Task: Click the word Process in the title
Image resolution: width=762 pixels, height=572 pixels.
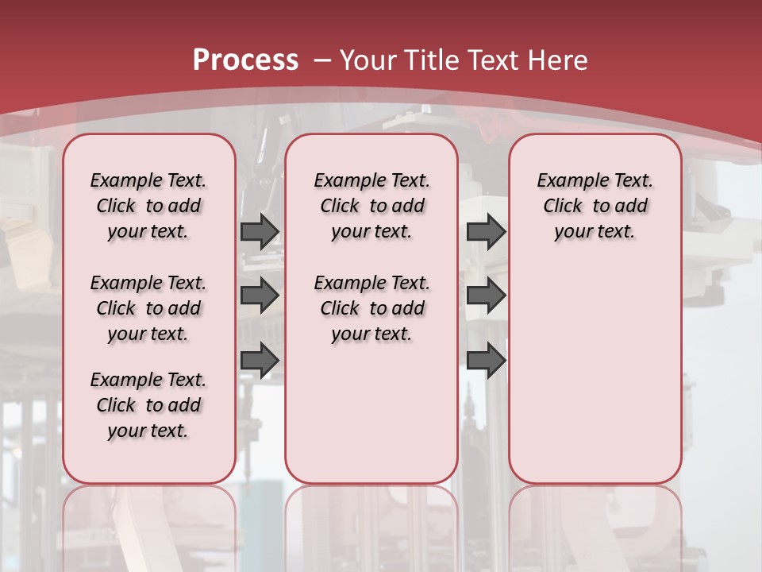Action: click(245, 60)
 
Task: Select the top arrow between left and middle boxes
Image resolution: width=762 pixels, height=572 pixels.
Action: click(260, 231)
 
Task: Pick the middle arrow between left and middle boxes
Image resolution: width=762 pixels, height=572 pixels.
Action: click(260, 296)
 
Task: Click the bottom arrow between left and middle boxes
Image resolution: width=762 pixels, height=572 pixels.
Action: click(260, 360)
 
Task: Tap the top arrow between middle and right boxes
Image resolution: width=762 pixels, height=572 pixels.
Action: click(486, 231)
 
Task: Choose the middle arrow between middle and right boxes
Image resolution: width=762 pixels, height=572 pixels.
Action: click(486, 296)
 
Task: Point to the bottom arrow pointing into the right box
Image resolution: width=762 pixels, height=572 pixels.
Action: click(486, 360)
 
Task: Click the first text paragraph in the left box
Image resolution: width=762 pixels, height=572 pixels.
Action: click(148, 206)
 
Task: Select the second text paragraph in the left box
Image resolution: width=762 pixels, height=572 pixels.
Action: click(148, 308)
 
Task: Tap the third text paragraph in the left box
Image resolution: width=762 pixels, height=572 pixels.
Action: click(148, 405)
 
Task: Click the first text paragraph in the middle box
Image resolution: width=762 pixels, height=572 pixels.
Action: click(371, 206)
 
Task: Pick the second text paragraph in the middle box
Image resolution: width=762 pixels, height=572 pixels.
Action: click(371, 308)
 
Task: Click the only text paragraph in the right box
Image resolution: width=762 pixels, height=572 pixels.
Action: click(595, 206)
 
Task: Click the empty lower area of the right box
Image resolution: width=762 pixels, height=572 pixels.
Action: click(595, 373)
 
